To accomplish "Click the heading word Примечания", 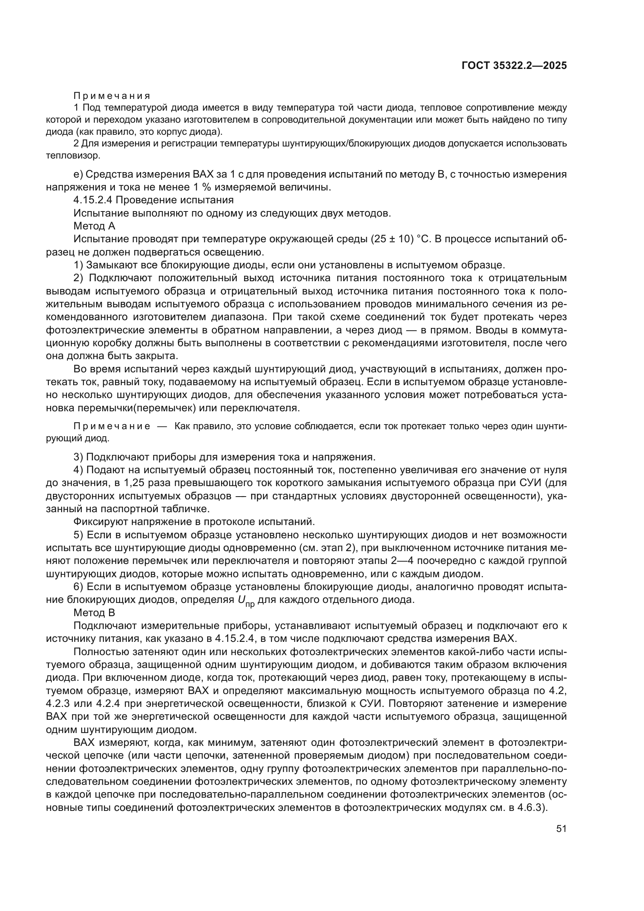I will [112, 96].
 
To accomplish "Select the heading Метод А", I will [94, 226].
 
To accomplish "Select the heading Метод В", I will [94, 613].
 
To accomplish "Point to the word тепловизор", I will [73, 155].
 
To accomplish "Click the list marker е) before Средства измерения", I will [78, 174].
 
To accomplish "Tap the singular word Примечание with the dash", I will [112, 426].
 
